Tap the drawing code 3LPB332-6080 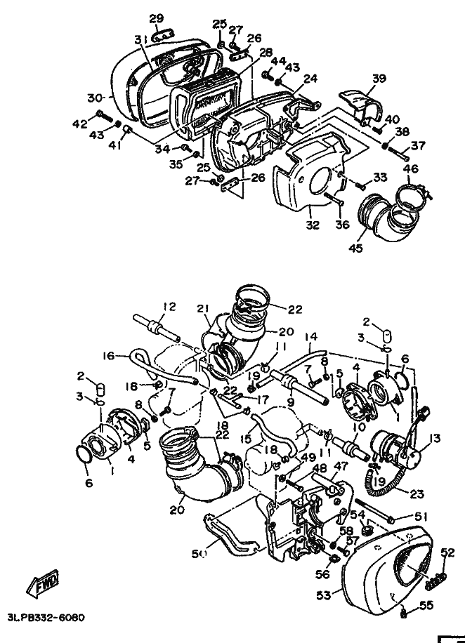pos(46,618)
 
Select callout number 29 pos(157,18)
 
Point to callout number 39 pos(379,79)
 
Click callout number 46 pos(410,169)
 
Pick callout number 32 pos(312,225)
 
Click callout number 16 pos(107,356)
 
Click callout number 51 pos(421,517)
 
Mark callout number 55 pos(427,604)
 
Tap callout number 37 pos(419,146)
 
